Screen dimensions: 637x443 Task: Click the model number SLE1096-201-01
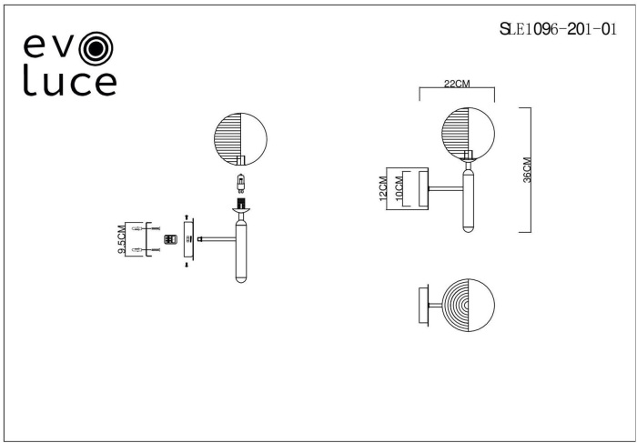pos(558,29)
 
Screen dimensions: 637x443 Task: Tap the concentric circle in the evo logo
pos(96,49)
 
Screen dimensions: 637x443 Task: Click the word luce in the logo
pos(70,80)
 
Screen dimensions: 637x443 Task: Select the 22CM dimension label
pos(457,84)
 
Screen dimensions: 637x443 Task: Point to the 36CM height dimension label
pos(527,170)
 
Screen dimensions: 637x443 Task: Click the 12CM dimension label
pos(383,189)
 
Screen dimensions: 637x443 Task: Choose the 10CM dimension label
pos(399,189)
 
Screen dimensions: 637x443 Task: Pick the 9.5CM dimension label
pos(121,239)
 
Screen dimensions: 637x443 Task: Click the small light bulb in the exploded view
pos(241,183)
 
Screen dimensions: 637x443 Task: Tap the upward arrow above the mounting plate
pos(187,216)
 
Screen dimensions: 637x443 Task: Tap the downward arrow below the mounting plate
pos(187,265)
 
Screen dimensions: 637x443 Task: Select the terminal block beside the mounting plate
pos(170,239)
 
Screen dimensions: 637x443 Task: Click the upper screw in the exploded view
pos(156,228)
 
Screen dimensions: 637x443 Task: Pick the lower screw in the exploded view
pos(156,250)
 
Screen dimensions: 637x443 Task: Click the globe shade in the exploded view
pos(240,139)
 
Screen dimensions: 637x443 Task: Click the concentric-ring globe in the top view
pos(468,305)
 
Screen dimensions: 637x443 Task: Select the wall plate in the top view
pos(423,306)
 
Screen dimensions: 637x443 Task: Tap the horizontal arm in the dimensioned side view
pos(446,188)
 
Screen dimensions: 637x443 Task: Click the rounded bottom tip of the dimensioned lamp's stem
pos(468,229)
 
